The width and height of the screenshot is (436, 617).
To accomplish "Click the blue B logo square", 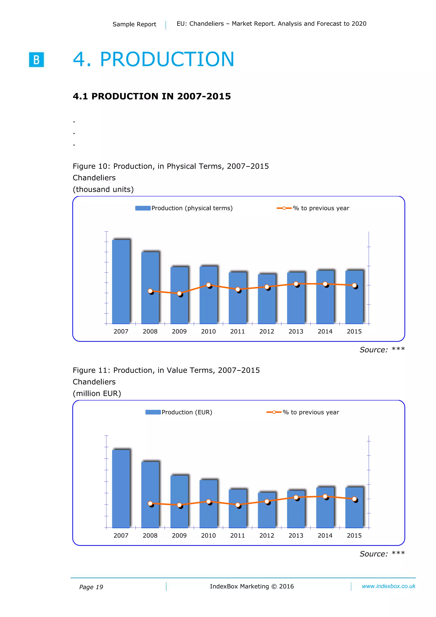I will click(36, 59).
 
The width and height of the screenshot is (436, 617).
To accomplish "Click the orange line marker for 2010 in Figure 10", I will click(208, 285).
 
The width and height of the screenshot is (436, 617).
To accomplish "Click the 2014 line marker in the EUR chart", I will click(325, 496).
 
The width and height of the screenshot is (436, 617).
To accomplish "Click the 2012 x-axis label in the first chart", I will click(267, 332).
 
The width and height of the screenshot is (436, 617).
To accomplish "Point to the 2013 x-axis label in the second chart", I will click(296, 536).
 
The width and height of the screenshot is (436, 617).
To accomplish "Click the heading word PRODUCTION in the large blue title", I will click(167, 59).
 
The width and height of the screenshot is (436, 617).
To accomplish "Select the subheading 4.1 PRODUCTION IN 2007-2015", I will click(152, 96).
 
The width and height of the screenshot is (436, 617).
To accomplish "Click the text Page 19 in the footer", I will click(91, 587).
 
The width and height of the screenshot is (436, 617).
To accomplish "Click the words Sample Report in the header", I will click(134, 24).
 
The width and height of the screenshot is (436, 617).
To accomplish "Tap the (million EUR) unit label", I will click(97, 393).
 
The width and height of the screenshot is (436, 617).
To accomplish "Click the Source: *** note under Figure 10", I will click(382, 350).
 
